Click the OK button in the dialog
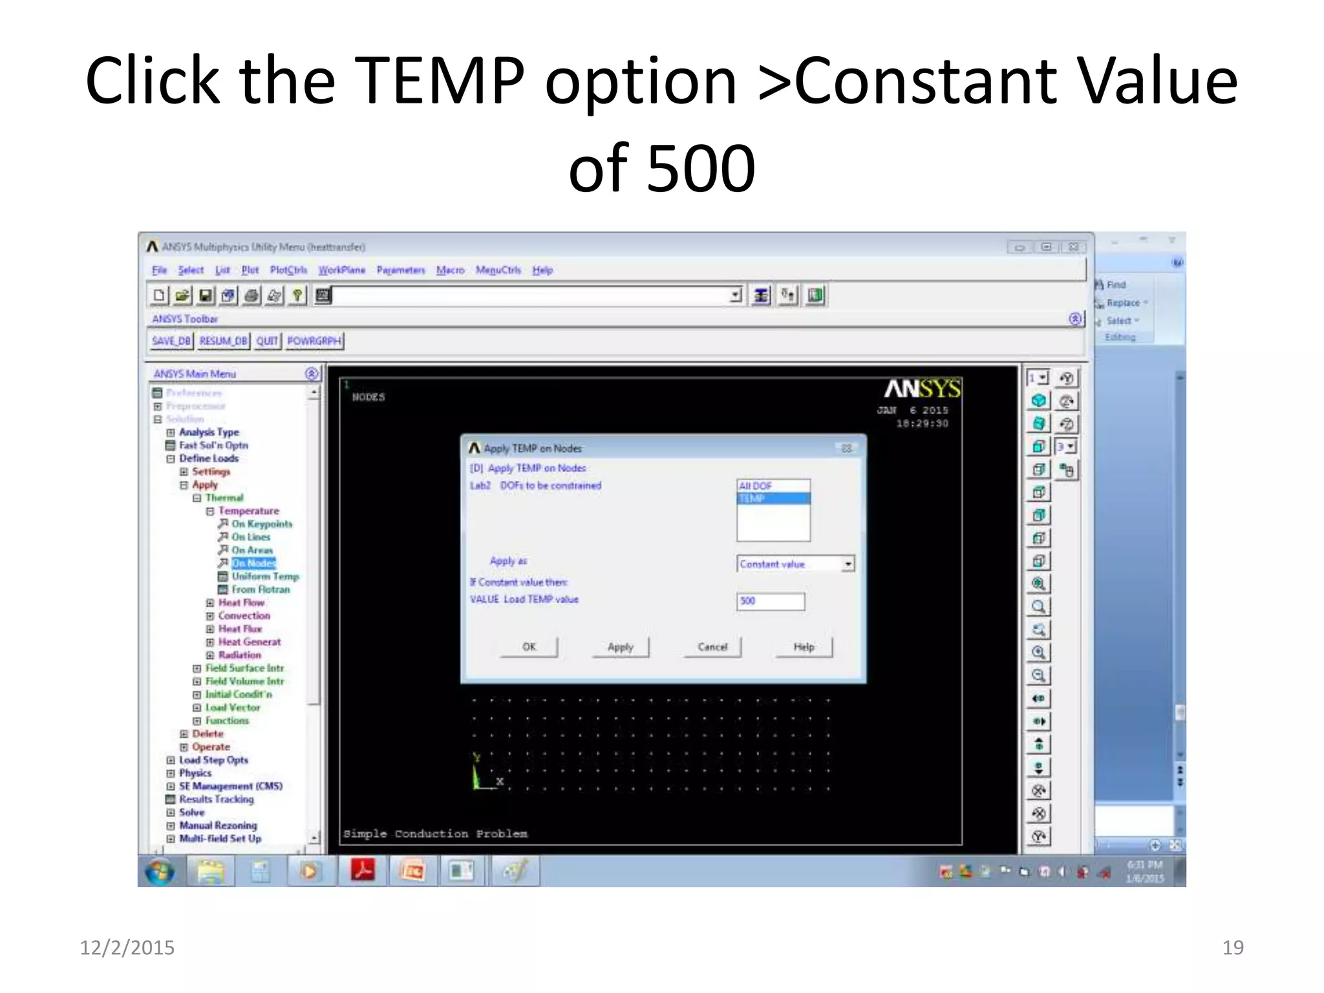(x=529, y=646)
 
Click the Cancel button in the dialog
(x=712, y=646)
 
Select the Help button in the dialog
(x=804, y=646)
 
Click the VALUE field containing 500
(x=771, y=601)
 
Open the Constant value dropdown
(x=848, y=564)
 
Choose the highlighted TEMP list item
(x=773, y=498)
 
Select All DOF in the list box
(x=773, y=486)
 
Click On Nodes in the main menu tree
(x=253, y=563)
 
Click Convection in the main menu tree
(x=244, y=615)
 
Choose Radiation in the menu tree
(x=239, y=655)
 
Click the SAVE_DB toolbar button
(x=171, y=341)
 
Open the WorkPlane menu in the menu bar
(x=341, y=270)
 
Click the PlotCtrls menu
(x=288, y=270)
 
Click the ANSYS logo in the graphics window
(x=922, y=389)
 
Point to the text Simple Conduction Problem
(x=435, y=833)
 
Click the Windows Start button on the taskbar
(x=160, y=872)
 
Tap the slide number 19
(x=1232, y=947)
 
